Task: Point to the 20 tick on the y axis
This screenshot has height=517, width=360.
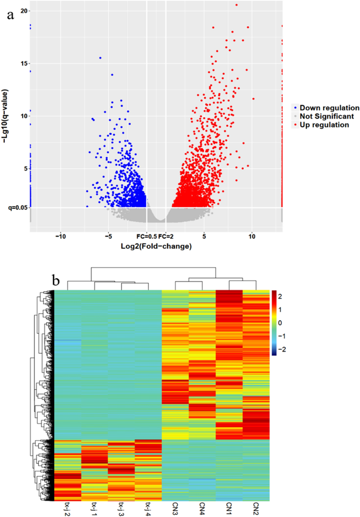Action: (x=25, y=11)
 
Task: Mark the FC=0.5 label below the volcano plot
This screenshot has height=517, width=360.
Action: (x=147, y=237)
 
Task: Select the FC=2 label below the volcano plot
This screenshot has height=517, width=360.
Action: (x=166, y=237)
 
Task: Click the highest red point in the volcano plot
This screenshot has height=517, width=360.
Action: (x=236, y=5)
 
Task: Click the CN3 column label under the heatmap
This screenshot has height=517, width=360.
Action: (x=175, y=508)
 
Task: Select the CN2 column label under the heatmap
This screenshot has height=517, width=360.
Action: (x=256, y=508)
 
